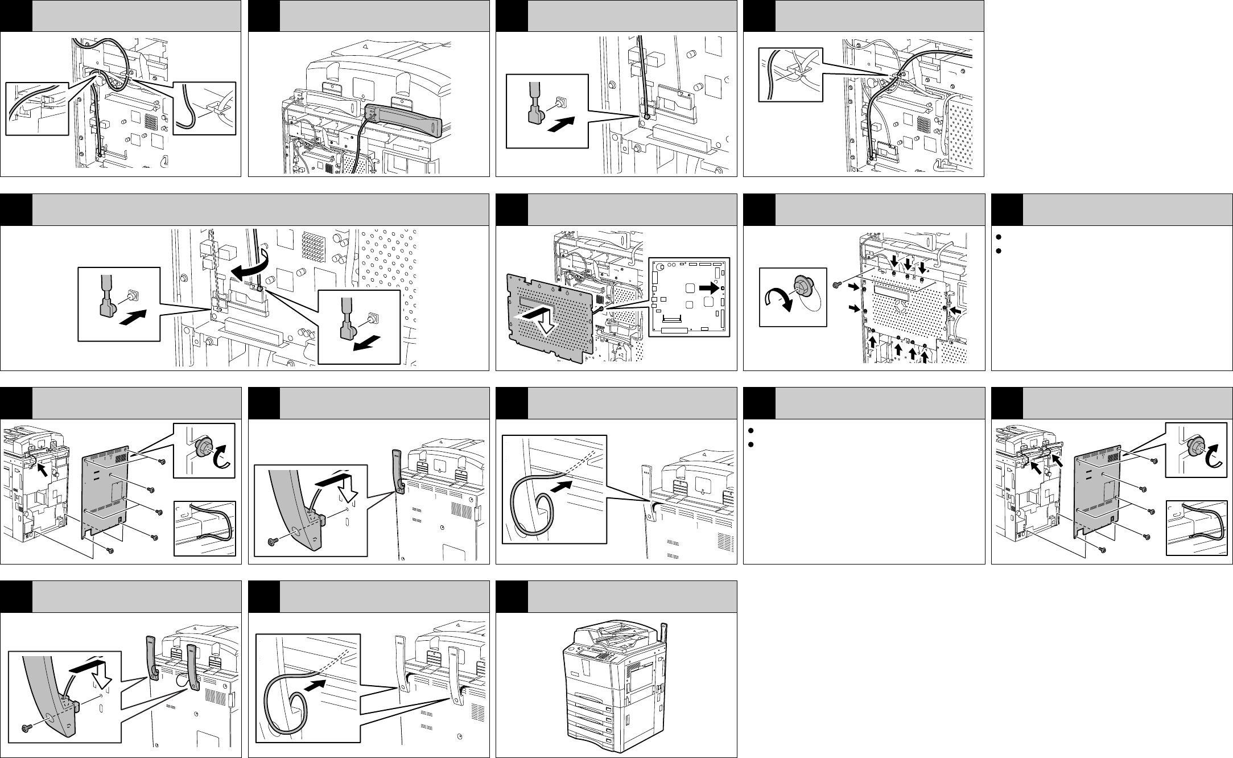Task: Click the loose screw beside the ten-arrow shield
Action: click(x=836, y=284)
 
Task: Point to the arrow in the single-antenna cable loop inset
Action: click(x=562, y=487)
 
